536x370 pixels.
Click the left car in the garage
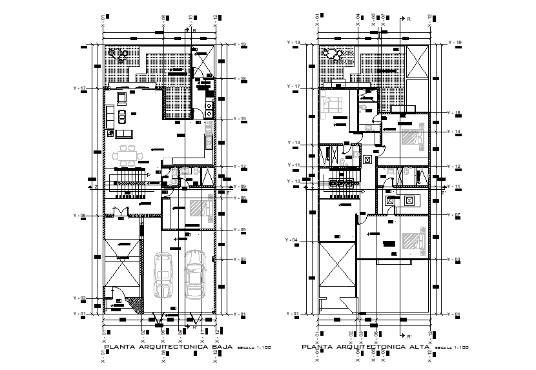pyautogui.click(x=163, y=274)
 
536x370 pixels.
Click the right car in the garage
pyautogui.click(x=194, y=274)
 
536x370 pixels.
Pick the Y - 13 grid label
pyautogui.click(x=293, y=142)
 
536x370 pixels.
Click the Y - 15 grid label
pyautogui.click(x=240, y=119)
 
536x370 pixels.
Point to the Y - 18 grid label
pyautogui.click(x=240, y=79)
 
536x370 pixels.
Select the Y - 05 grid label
pyautogui.click(x=240, y=230)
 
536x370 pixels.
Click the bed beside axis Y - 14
pyautogui.click(x=411, y=137)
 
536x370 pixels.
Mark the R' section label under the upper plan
pyautogui.click(x=408, y=336)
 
